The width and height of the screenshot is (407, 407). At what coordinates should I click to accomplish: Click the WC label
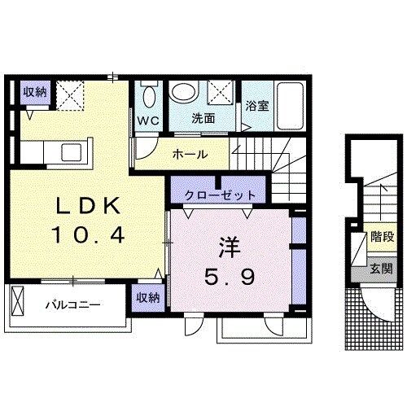tap(148, 121)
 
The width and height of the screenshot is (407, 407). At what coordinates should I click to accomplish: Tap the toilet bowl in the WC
tap(149, 97)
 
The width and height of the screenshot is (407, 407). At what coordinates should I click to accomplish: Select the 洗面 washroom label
tap(203, 119)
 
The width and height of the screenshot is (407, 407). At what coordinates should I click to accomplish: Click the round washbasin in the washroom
tap(184, 90)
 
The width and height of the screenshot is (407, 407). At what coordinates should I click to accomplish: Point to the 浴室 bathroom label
tap(257, 106)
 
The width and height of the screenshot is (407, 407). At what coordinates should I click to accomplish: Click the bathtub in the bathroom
tap(290, 106)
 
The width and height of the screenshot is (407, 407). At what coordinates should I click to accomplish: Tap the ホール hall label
tap(190, 155)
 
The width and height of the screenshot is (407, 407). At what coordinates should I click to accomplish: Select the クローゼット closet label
tap(220, 195)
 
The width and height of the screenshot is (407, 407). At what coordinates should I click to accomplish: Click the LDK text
tap(88, 206)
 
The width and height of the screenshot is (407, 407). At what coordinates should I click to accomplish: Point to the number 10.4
tap(88, 234)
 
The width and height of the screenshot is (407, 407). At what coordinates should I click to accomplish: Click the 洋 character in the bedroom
tap(230, 247)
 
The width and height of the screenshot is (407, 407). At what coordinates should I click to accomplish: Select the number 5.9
tap(230, 276)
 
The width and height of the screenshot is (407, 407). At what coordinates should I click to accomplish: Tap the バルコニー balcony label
tap(72, 305)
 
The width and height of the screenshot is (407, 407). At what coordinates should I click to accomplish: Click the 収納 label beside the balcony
tap(148, 298)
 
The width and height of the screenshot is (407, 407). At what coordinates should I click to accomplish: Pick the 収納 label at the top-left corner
tap(35, 93)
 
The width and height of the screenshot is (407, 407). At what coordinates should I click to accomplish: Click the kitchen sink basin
tap(72, 152)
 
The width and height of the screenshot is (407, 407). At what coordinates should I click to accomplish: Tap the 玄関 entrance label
tap(381, 269)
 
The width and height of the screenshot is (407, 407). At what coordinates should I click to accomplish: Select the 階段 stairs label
tap(383, 237)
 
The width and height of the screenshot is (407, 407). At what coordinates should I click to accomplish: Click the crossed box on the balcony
tap(18, 301)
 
